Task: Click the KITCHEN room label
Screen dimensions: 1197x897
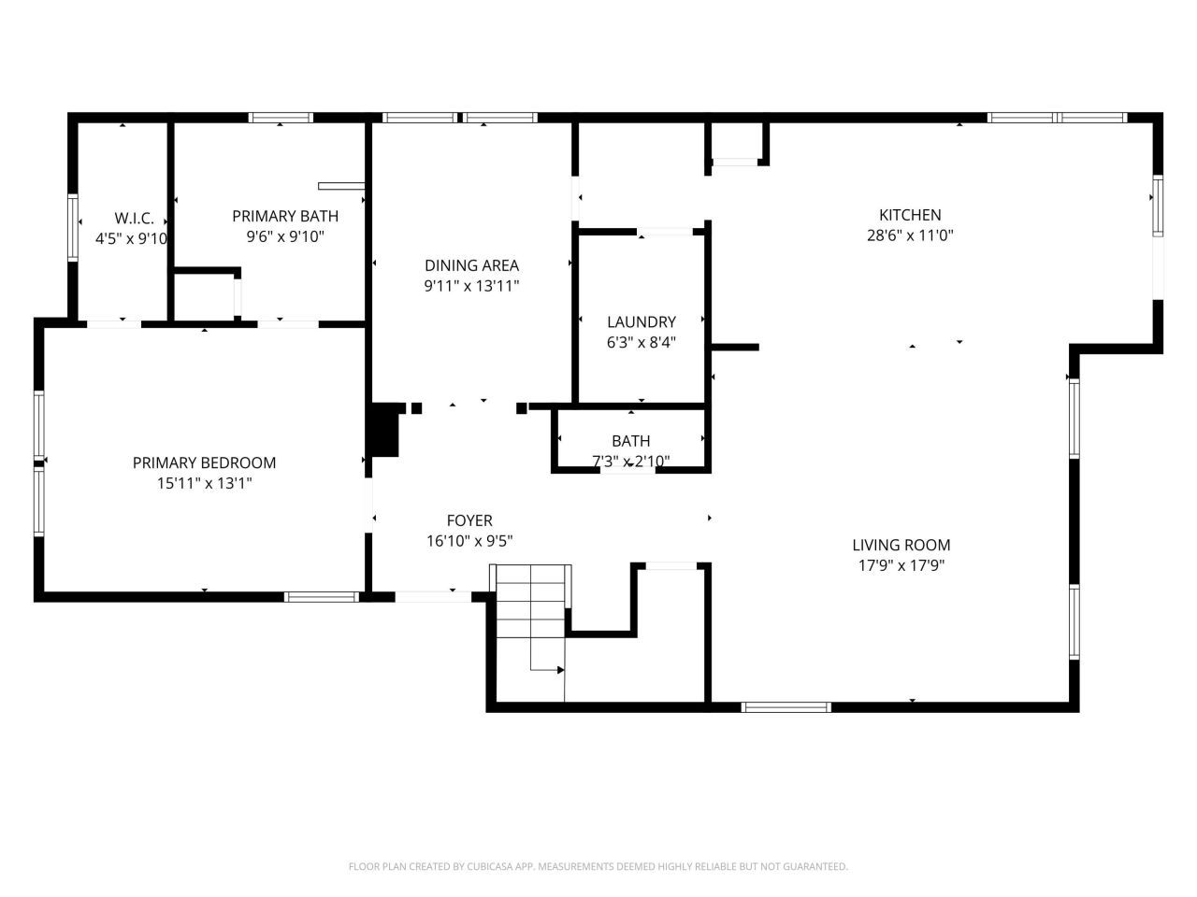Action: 910,215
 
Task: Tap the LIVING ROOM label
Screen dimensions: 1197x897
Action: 901,545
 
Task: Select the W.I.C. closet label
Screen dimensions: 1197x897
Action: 134,219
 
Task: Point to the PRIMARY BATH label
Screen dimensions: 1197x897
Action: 285,216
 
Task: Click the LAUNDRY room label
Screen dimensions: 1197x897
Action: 642,321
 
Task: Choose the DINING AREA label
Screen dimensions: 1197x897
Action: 471,265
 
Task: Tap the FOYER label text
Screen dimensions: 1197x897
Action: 469,520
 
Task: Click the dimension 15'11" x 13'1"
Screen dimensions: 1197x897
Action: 205,483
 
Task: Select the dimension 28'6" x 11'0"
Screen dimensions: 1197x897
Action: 910,235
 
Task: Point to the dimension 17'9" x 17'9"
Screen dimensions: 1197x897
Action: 901,565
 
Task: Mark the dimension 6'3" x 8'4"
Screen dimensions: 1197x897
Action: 642,343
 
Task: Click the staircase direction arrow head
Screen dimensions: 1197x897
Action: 560,670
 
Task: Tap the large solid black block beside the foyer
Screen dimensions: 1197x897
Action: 385,430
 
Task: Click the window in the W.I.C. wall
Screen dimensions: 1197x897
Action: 73,227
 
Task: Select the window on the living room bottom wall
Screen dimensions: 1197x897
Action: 786,707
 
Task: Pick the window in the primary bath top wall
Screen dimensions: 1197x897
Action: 281,118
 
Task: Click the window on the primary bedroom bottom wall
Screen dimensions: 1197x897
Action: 322,597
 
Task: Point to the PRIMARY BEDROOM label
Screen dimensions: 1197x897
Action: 205,463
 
